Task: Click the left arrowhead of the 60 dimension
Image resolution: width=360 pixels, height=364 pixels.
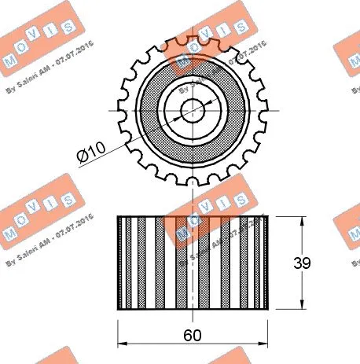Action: click(121, 344)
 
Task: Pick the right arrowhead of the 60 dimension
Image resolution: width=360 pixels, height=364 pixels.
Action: click(264, 344)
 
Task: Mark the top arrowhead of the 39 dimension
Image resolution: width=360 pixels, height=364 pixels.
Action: click(303, 219)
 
